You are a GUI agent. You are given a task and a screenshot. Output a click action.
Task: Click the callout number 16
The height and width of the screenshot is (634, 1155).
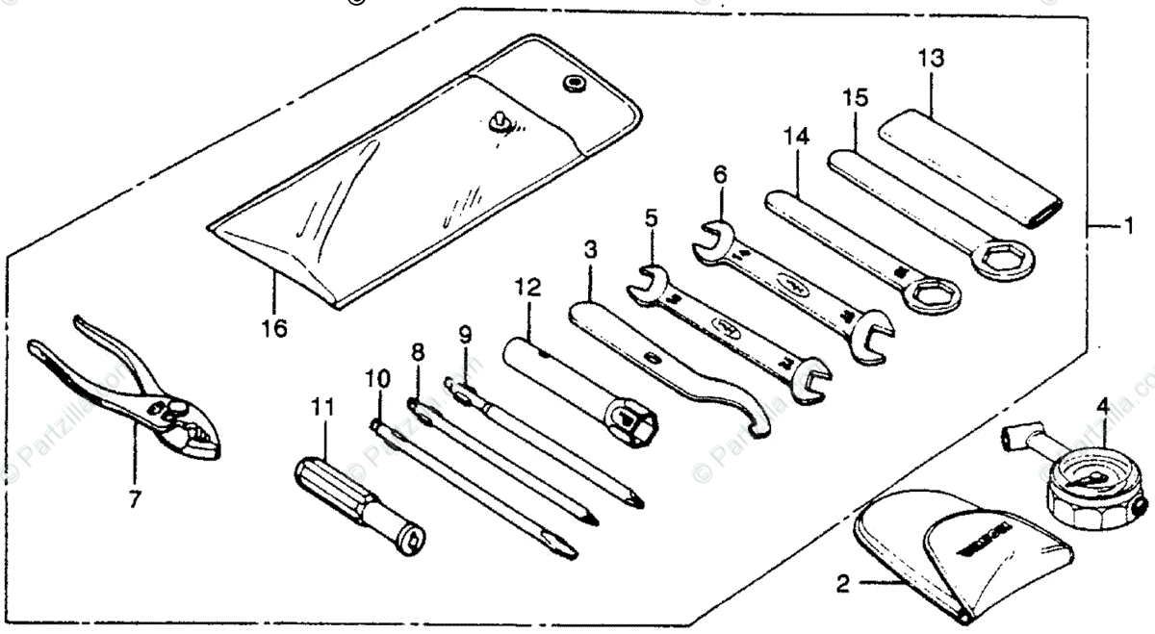274,328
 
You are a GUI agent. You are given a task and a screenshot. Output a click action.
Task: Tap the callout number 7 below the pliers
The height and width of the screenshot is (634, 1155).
135,498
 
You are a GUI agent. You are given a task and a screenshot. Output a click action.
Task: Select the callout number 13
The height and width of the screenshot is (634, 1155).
930,58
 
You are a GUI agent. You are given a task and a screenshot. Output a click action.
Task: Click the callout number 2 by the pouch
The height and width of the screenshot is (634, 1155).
843,582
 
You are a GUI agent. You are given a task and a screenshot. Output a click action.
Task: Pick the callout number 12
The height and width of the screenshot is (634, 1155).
527,288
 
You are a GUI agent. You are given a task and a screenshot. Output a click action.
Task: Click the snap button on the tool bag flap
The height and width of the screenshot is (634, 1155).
575,86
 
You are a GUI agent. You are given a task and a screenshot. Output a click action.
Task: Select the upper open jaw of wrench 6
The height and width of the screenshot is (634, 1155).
711,237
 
